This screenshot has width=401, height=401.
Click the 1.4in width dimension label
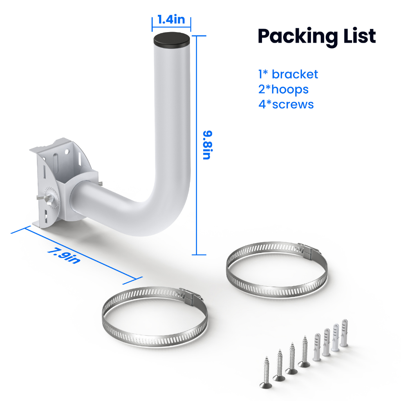[x=171, y=20]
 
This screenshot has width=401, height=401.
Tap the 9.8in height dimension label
[x=208, y=145]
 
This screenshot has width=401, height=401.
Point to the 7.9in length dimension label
[x=64, y=255]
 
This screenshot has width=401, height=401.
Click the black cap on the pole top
[x=172, y=40]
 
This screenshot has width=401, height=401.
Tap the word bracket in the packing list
[x=295, y=74]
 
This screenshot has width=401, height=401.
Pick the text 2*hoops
[x=284, y=90]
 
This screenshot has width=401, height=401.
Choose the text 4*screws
[x=286, y=104]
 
